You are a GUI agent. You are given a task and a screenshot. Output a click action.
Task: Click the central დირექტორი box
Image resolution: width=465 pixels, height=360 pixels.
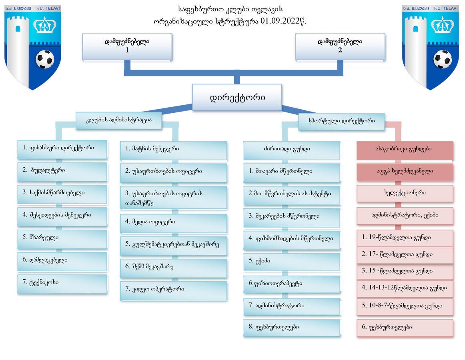tap(237, 97)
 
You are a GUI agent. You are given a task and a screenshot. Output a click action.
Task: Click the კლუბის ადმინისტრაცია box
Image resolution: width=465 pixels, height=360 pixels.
tap(119, 120)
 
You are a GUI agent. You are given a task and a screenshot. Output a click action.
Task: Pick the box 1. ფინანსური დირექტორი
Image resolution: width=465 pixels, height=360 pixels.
tap(62, 148)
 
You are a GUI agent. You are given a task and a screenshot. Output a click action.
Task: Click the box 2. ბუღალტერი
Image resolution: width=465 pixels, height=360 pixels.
tap(62, 171)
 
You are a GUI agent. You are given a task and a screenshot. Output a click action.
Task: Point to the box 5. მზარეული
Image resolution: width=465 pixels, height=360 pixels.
tap(62, 238)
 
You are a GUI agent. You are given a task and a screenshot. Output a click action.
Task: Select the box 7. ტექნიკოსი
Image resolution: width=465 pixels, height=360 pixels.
tap(62, 283)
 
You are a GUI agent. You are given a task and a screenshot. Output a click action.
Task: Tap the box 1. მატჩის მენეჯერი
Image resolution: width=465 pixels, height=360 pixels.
tap(174, 149)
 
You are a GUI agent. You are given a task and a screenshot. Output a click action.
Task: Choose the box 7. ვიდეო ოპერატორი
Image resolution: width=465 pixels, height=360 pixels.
tap(174, 289)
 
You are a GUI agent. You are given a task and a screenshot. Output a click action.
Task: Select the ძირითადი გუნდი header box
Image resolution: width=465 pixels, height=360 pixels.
tap(292, 149)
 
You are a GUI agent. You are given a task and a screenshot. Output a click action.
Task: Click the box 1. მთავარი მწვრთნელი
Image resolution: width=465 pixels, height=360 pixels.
tap(292, 172)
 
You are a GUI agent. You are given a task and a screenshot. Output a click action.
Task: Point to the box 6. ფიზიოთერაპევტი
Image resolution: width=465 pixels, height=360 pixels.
tap(292, 284)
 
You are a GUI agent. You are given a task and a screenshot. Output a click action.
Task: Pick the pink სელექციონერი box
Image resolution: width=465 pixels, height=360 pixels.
tap(405, 193)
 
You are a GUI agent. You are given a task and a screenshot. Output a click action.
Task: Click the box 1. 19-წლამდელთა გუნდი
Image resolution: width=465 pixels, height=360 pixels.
tap(405, 238)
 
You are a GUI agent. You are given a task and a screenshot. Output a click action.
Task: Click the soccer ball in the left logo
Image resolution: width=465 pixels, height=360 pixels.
tap(45, 59)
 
